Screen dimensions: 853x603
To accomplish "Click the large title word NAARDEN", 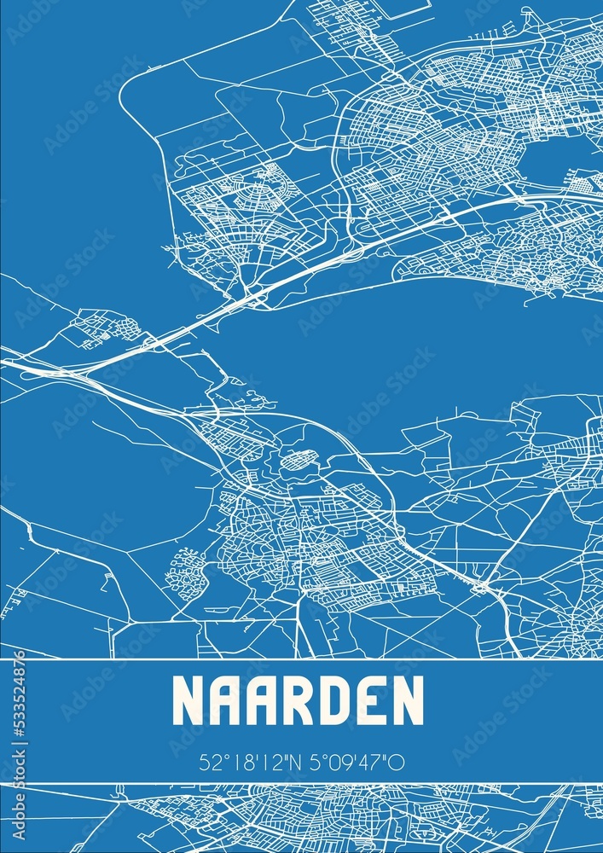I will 298,701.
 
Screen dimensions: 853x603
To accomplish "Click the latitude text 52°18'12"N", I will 248,763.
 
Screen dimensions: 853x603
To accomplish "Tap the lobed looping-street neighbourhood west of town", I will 185,572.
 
